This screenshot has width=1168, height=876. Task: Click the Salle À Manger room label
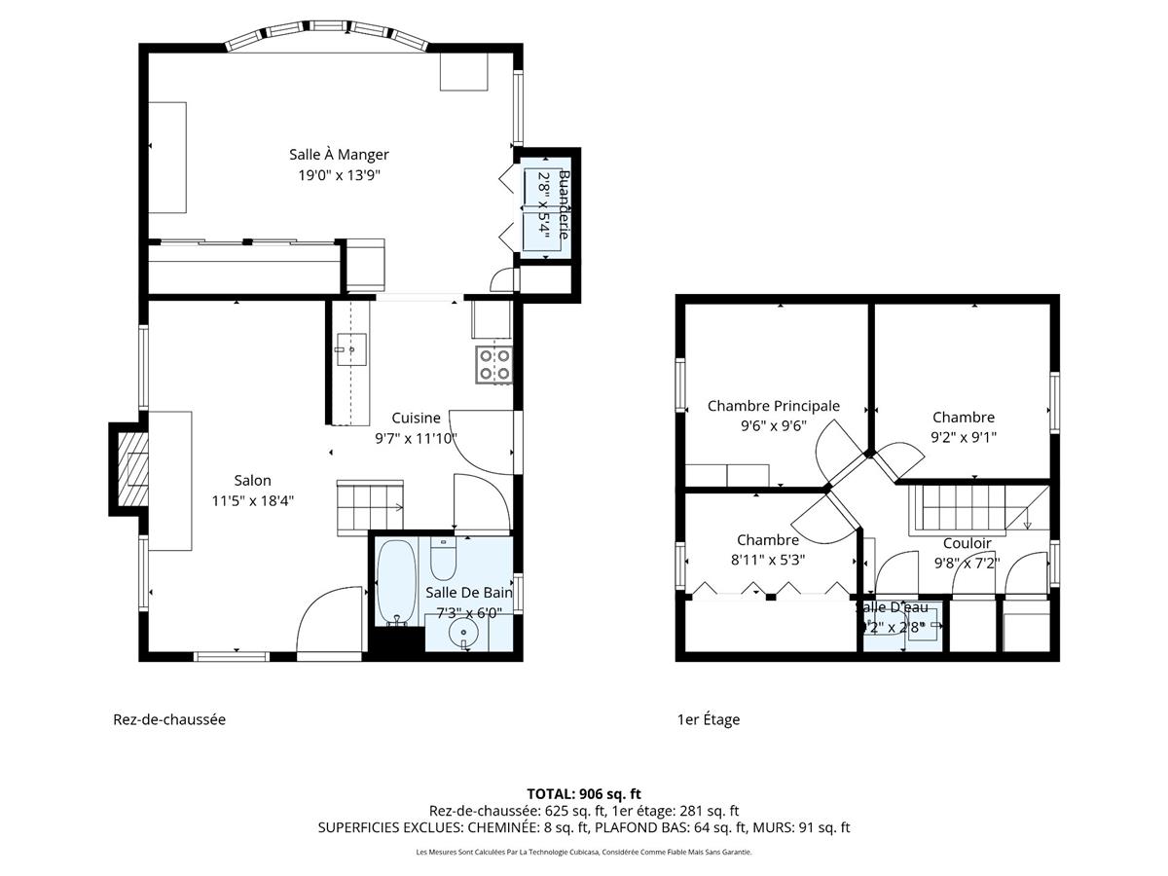pyautogui.click(x=339, y=155)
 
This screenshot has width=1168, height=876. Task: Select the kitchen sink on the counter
pyautogui.click(x=351, y=347)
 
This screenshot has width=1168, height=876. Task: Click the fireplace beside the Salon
pyautogui.click(x=129, y=469)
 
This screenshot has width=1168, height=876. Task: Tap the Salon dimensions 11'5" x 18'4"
pyautogui.click(x=252, y=500)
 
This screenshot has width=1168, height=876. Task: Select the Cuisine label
pyautogui.click(x=416, y=418)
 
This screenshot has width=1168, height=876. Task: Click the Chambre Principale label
pyautogui.click(x=773, y=406)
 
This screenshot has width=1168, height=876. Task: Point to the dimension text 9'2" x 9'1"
pyautogui.click(x=963, y=437)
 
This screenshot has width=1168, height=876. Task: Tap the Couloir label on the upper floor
pyautogui.click(x=967, y=543)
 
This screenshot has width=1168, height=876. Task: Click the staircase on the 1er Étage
pyautogui.click(x=959, y=507)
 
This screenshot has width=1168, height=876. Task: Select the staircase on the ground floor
pyautogui.click(x=370, y=506)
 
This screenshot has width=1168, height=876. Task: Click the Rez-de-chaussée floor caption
pyautogui.click(x=169, y=719)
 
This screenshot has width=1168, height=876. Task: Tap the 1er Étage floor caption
pyautogui.click(x=708, y=719)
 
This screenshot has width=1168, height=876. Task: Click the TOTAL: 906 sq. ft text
pyautogui.click(x=584, y=793)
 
